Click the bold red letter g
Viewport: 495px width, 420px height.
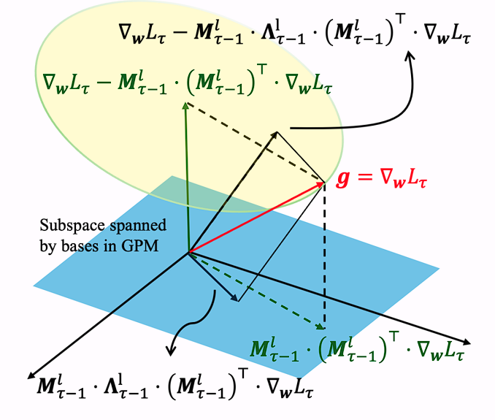342,178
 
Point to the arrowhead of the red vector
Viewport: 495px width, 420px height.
322,183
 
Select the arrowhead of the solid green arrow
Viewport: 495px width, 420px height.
186,104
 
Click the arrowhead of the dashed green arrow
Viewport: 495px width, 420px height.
322,327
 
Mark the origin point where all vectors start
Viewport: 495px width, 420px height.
188,253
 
